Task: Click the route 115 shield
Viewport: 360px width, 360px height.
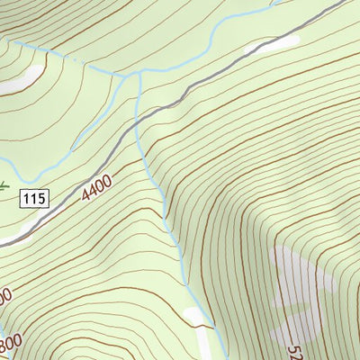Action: click(x=35, y=197)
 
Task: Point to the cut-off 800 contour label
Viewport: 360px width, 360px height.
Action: click(x=10, y=344)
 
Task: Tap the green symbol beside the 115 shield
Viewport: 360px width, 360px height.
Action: click(x=4, y=187)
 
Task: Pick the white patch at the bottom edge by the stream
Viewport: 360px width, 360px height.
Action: click(x=197, y=317)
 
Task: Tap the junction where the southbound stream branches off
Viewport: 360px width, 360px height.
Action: click(x=139, y=75)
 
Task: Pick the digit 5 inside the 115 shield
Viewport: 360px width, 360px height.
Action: click(x=41, y=197)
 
